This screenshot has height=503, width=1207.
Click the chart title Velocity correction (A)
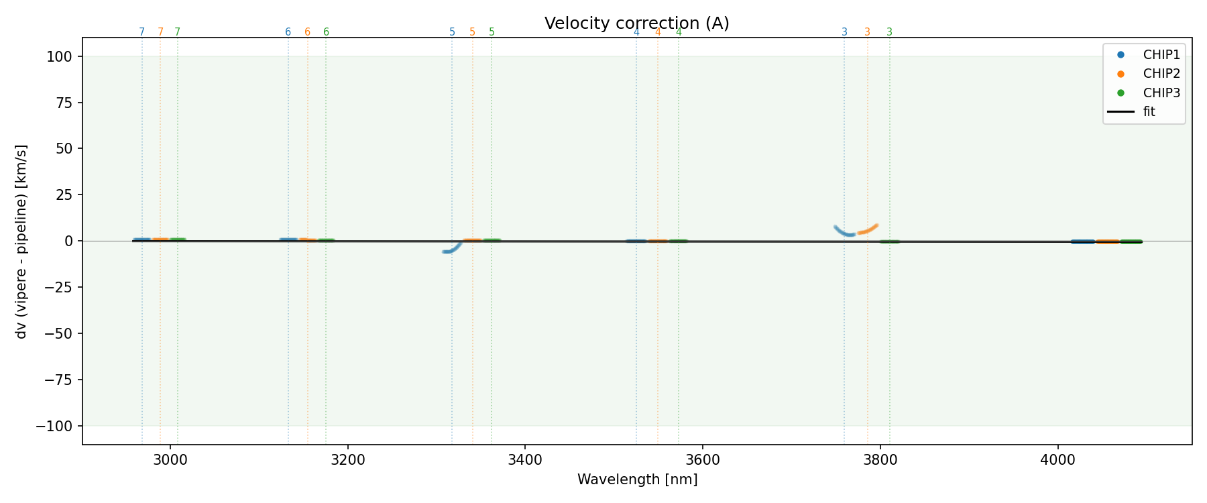(x=636, y=23)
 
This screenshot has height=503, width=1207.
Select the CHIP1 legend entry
(x=1161, y=55)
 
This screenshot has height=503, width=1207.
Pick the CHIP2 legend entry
(x=1161, y=74)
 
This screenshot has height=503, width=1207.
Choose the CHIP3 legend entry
(x=1161, y=93)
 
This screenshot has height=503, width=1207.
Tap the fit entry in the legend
(x=1149, y=111)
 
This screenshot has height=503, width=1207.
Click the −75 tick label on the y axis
(x=58, y=380)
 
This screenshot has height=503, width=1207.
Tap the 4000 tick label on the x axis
(x=1057, y=458)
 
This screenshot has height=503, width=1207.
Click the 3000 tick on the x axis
(x=170, y=458)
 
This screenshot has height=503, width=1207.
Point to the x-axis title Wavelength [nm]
(x=637, y=480)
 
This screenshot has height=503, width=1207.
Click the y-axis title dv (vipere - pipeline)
(x=21, y=241)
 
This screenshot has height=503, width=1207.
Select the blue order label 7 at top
(x=141, y=32)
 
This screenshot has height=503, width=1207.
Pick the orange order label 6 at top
(x=307, y=32)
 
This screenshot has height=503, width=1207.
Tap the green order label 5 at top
(x=492, y=32)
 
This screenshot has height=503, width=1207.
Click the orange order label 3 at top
(x=867, y=32)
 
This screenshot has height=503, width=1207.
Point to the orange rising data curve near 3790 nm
(x=869, y=229)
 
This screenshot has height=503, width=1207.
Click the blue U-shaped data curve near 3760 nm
(x=846, y=233)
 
